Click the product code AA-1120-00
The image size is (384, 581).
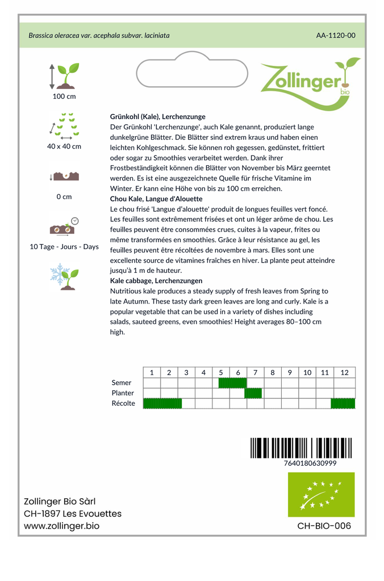(x=336, y=35)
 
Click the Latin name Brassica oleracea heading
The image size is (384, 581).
(x=99, y=35)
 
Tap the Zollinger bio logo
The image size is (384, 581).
(x=310, y=82)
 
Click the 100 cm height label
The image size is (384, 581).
(x=64, y=96)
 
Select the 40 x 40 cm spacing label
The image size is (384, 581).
(x=64, y=146)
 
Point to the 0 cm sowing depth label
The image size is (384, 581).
(x=64, y=197)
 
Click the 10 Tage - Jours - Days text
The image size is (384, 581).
(x=64, y=247)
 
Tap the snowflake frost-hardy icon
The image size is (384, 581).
(x=64, y=276)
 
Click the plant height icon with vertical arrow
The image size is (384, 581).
(x=64, y=76)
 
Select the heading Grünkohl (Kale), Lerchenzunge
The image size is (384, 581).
(x=157, y=116)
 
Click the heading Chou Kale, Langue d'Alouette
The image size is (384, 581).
(x=156, y=199)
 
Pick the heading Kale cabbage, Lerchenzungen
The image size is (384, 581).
(x=156, y=281)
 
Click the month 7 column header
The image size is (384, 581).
(x=255, y=373)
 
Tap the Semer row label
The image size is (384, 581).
(x=122, y=383)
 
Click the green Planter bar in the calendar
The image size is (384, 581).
(x=253, y=393)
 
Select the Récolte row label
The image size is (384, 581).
(x=123, y=403)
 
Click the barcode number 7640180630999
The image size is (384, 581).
(x=310, y=463)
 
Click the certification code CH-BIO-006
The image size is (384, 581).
(x=324, y=526)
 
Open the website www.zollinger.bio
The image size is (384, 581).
(x=61, y=526)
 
